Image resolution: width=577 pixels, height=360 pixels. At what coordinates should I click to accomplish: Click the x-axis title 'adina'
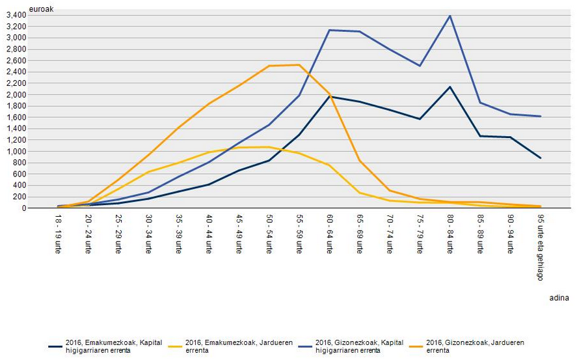coord(559,298)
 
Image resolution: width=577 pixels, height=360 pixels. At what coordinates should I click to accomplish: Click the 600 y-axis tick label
coord(36,174)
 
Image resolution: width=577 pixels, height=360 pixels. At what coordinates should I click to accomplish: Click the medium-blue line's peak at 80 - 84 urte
coord(450,16)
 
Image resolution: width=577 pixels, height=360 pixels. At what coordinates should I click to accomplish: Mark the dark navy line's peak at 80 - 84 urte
coord(450,87)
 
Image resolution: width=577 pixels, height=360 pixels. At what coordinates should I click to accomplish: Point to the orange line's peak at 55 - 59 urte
coord(299,64)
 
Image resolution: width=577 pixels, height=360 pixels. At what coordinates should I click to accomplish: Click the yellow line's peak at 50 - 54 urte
coord(269,146)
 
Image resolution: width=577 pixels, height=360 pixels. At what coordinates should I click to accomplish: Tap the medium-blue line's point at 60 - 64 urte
coord(329,30)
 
